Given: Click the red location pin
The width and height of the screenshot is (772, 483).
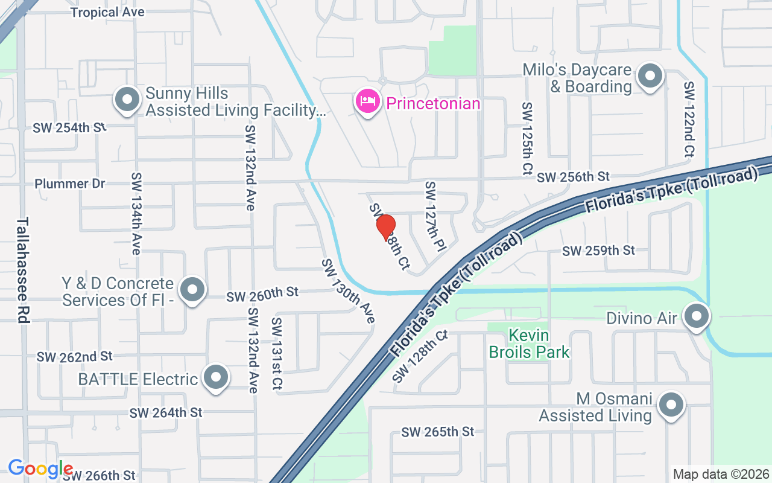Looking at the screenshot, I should pos(386,227).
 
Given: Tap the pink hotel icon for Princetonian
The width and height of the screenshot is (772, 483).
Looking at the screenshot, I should pos(367,101).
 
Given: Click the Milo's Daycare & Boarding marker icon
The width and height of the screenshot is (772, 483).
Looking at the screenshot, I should pos(650,77).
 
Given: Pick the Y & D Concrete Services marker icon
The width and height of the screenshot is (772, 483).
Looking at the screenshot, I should pos(192,290).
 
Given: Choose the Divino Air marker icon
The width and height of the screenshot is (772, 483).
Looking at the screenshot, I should pos(697,316).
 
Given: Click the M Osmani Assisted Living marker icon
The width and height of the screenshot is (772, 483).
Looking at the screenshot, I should pos(670,406).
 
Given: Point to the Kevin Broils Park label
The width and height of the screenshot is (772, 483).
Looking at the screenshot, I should pos(529,344).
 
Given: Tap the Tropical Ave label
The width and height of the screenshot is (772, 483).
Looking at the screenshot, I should pos(107,13).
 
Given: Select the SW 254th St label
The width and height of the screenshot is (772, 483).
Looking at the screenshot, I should pos(69,128).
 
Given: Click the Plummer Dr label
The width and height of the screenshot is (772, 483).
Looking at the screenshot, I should pos(70,184).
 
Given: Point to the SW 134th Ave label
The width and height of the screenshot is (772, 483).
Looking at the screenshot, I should pos(136,213).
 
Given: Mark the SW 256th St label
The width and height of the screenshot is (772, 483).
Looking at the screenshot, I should pos(573,177).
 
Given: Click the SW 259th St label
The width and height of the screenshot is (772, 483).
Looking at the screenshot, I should pos(598,250).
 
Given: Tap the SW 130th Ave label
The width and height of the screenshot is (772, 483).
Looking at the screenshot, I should pos(349,291).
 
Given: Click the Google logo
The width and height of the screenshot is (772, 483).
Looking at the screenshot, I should pos(40,469).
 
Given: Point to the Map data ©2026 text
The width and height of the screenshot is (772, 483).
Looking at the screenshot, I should pos(721,475).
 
